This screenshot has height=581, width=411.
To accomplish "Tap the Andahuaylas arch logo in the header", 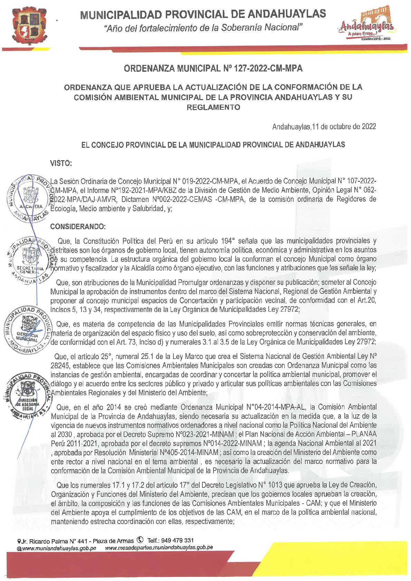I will [x=367, y=25].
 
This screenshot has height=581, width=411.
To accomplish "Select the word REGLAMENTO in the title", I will [x=213, y=107].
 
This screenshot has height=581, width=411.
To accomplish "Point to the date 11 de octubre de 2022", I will [x=344, y=126].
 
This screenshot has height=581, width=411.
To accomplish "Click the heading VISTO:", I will [x=61, y=163].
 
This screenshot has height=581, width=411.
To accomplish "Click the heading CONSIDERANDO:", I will [x=78, y=226].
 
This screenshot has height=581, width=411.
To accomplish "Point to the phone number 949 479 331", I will [x=177, y=540].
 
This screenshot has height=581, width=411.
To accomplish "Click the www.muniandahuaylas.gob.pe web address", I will [x=59, y=548].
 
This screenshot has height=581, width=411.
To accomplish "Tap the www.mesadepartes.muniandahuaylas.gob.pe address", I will [x=159, y=548].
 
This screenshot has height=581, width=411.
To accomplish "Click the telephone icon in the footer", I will [x=140, y=540].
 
